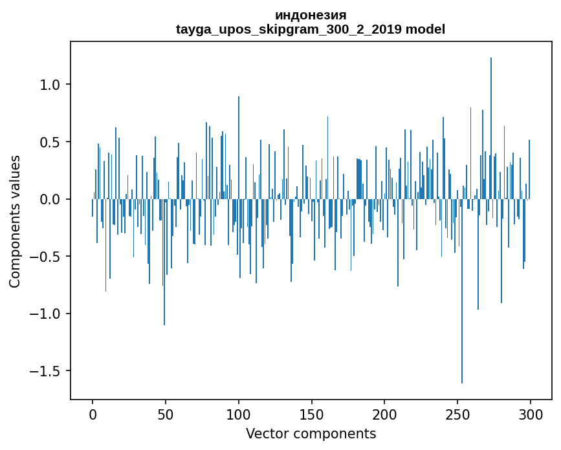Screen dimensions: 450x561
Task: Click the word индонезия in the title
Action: (311, 15)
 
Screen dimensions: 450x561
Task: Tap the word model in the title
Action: (425, 29)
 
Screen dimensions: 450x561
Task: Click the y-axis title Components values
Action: (15, 221)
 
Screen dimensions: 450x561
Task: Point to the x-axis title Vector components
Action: (311, 433)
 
